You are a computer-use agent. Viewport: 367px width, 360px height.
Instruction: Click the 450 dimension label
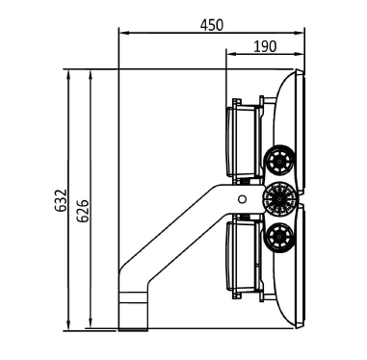point(211,25)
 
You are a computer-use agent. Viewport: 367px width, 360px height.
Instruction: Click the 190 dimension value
point(265,47)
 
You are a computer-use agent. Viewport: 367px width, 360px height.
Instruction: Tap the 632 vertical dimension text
point(61,200)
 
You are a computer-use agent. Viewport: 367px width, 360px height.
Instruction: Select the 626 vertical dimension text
point(83,211)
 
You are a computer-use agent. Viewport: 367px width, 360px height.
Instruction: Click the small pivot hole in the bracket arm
point(242,199)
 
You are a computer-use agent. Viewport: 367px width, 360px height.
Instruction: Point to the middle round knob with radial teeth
point(279,199)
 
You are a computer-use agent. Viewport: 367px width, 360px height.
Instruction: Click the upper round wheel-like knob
point(279,160)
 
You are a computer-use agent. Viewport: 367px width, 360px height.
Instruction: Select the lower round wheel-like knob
point(278,238)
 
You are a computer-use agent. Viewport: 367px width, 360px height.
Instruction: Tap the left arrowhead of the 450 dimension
point(124,33)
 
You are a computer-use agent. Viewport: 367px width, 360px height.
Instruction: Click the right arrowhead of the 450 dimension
point(299,33)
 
